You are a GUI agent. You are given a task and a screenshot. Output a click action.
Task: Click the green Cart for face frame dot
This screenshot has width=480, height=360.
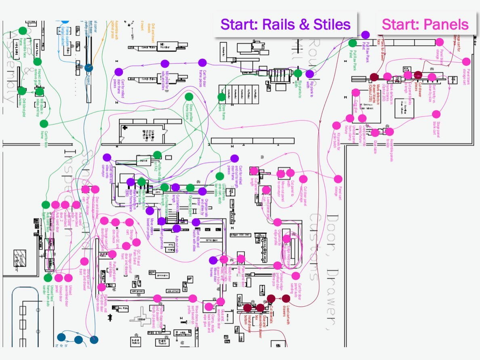pyautogui.click(x=44, y=123)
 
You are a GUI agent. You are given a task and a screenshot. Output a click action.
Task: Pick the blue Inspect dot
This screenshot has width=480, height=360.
pyautogui.click(x=88, y=69)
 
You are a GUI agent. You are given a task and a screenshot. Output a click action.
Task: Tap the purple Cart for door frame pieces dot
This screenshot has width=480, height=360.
pyautogui.click(x=202, y=63)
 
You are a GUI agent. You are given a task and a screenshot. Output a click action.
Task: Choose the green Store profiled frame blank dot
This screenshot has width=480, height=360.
pyautogui.click(x=189, y=97)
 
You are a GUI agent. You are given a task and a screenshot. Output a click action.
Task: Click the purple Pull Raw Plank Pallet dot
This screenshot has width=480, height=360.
pyautogui.click(x=365, y=35)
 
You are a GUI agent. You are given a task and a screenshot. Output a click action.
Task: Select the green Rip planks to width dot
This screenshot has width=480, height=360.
pyautogui.click(x=298, y=73)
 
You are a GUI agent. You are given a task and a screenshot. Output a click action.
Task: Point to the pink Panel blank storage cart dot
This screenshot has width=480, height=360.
pyautogui.click(x=466, y=61)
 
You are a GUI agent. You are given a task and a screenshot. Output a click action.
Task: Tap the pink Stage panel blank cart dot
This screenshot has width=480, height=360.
pyautogui.click(x=436, y=114)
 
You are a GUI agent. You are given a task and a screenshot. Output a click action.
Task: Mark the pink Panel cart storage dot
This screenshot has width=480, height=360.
pyautogui.click(x=338, y=179)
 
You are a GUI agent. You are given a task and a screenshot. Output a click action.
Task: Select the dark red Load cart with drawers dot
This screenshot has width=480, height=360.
pyautogui.click(x=286, y=298)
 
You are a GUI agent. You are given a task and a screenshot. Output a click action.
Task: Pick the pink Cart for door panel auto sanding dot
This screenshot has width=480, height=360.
pyautogui.click(x=296, y=276)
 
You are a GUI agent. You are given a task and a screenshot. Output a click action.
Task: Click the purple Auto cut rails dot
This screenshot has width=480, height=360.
pyautogui.click(x=177, y=228)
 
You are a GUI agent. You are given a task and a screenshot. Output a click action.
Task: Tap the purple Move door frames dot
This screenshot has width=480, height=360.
pyautogui.click(x=213, y=260)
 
